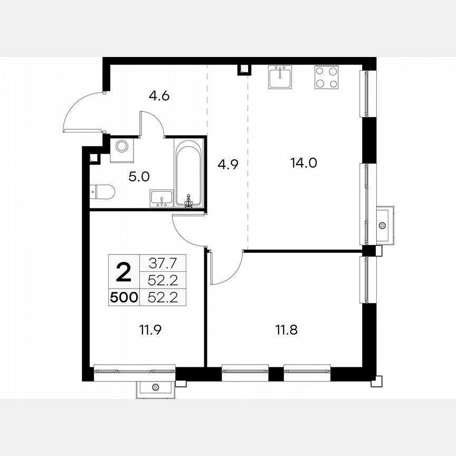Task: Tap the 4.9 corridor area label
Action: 228,164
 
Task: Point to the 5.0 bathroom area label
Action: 139,176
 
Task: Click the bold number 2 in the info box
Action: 123,273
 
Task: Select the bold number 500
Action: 123,298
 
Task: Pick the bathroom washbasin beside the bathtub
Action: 161,198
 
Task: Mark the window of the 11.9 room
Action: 135,372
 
